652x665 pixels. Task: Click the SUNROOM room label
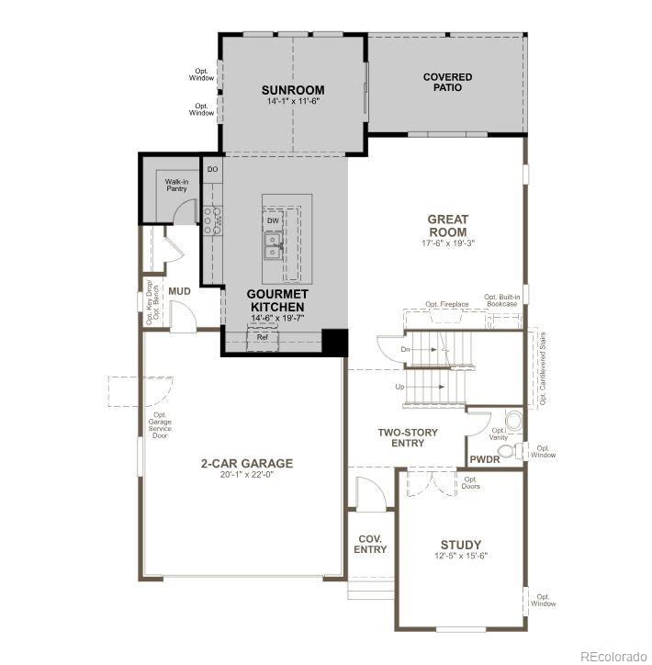pos(292,90)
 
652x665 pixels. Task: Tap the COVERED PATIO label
pos(447,83)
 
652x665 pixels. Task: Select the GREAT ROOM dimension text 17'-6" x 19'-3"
pos(447,243)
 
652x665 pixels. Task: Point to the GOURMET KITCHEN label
pos(276,299)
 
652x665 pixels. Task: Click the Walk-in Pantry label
pos(176,186)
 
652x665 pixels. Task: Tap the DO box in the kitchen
pos(212,169)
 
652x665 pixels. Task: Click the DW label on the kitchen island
pos(273,220)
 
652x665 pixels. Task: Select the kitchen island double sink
pos(273,245)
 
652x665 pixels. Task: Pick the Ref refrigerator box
pos(262,337)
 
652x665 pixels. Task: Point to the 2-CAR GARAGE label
pos(246,463)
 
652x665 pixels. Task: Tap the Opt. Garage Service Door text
pos(160,425)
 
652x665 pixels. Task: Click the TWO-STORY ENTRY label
pos(408,437)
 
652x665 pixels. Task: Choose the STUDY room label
pos(460,545)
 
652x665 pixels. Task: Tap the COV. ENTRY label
pos(370,544)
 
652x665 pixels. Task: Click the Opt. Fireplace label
pos(446,304)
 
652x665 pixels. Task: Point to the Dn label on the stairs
pos(405,350)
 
